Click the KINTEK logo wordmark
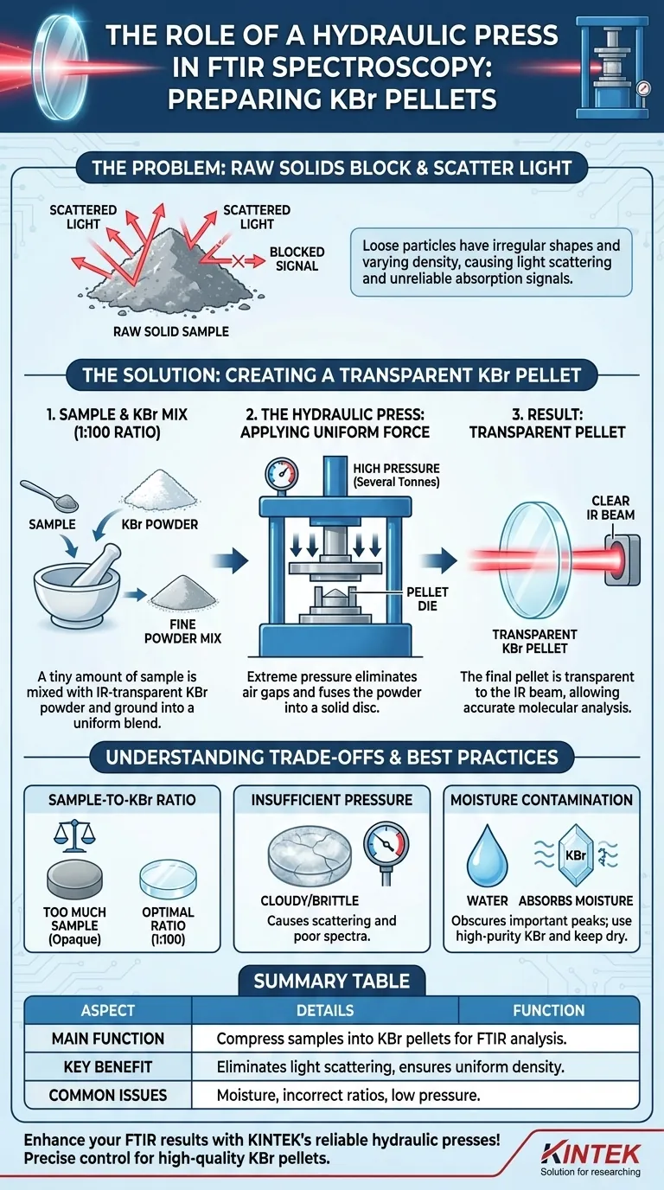click(x=591, y=1154)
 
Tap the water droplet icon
click(x=487, y=856)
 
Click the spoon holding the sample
click(x=49, y=496)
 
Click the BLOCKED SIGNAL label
click(x=297, y=259)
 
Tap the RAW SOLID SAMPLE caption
click(x=171, y=331)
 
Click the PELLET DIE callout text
click(x=427, y=599)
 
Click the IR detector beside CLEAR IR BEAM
click(x=623, y=560)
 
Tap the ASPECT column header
click(x=108, y=1010)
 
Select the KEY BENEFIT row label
click(x=108, y=1066)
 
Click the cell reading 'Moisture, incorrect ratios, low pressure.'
click(x=348, y=1095)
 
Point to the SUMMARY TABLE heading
click(x=331, y=981)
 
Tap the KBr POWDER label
click(x=159, y=524)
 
